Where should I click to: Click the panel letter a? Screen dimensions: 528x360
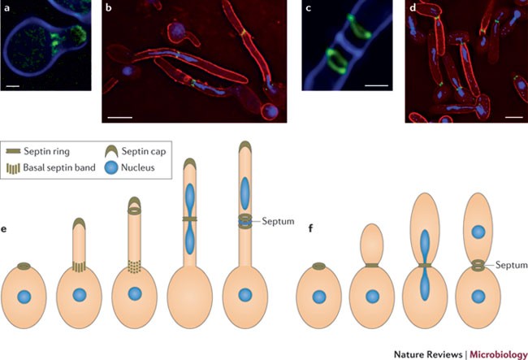pyautogui.click(x=7, y=8)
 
